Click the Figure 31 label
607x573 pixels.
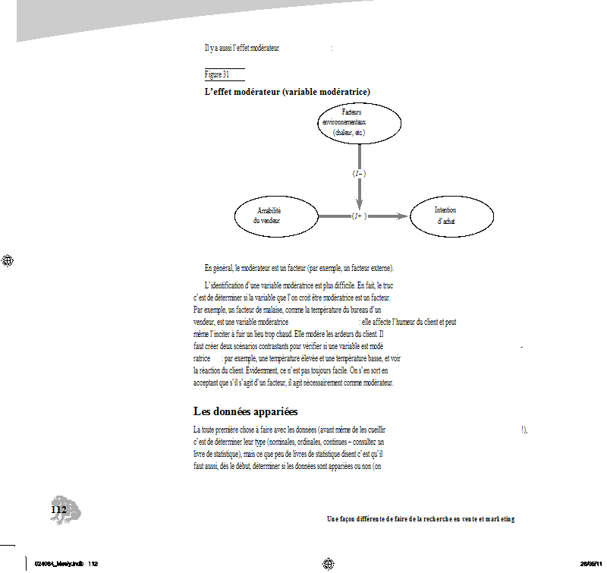(217, 74)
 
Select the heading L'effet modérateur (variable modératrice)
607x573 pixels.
(287, 92)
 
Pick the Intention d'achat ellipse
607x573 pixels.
(451, 216)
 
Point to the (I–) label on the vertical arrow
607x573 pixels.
(359, 174)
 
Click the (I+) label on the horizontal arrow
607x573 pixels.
(359, 216)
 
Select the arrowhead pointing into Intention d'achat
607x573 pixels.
(402, 216)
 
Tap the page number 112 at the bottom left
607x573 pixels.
(58, 510)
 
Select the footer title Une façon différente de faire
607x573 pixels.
(420, 519)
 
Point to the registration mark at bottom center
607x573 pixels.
(329, 563)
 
